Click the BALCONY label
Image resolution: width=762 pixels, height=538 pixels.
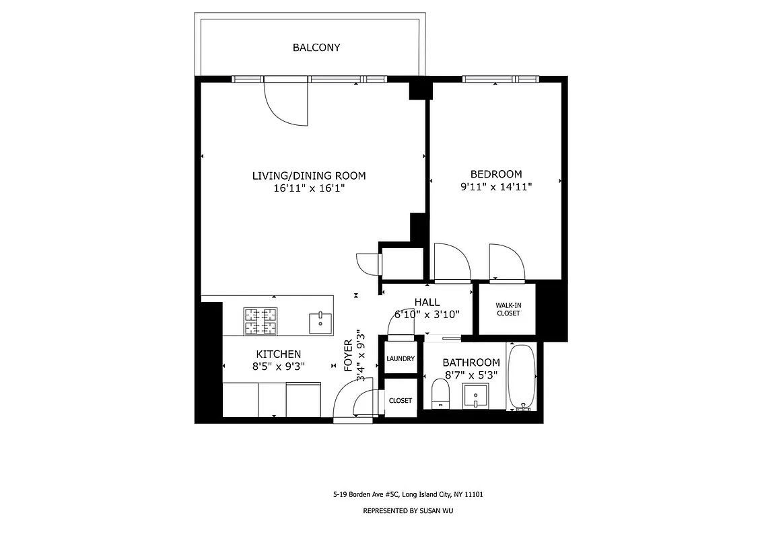316,48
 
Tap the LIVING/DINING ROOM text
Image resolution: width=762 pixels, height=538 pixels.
309,176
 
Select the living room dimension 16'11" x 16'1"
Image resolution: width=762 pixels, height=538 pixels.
309,188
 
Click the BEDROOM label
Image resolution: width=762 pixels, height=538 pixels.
495,174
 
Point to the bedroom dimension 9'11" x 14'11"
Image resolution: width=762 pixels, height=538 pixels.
495,187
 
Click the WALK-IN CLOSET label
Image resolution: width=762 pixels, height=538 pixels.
508,309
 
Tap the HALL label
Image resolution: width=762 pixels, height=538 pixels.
427,303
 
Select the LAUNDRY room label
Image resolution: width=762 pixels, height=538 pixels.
401,358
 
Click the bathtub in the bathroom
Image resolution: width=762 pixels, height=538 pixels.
522,377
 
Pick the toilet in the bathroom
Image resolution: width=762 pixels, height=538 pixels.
440,393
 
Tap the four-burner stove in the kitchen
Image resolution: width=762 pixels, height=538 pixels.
261,321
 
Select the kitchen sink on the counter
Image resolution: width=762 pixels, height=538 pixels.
320,322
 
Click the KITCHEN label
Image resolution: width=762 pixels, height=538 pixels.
278,354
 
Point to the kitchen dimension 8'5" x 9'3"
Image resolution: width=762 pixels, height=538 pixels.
278,367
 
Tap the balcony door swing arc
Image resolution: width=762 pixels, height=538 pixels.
286,104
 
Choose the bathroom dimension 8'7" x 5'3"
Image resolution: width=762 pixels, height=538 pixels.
471,375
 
